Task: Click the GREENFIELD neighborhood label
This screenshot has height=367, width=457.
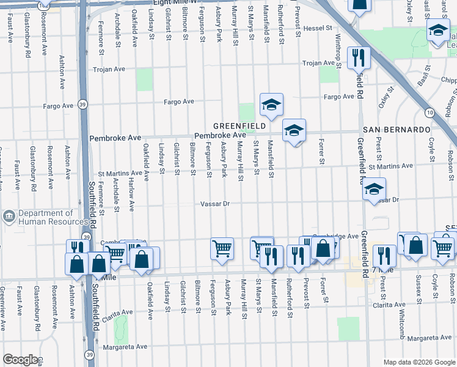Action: click(239, 125)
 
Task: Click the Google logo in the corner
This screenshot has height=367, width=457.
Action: click(20, 360)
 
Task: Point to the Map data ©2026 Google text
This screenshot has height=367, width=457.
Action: click(419, 362)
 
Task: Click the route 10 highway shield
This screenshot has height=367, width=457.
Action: click(430, 113)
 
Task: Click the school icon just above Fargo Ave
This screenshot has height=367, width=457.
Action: click(271, 104)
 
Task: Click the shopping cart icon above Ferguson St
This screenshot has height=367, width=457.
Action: click(222, 248)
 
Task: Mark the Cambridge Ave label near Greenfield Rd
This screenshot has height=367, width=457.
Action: click(335, 235)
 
